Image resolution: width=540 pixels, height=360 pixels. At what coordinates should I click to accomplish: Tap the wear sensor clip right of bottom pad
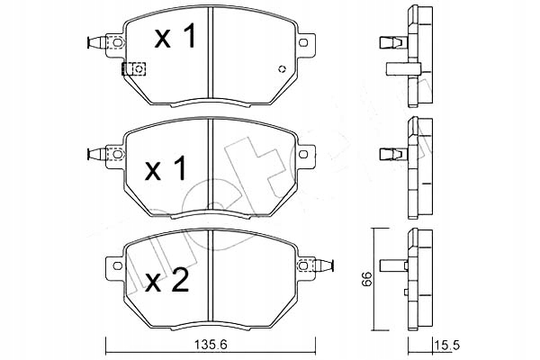click(327, 267)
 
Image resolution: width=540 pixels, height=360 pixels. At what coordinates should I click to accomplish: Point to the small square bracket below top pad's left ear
click(139, 68)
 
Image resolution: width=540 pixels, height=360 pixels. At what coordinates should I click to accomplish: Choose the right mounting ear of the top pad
click(307, 42)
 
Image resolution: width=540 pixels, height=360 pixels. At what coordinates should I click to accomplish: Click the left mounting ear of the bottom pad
click(113, 266)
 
